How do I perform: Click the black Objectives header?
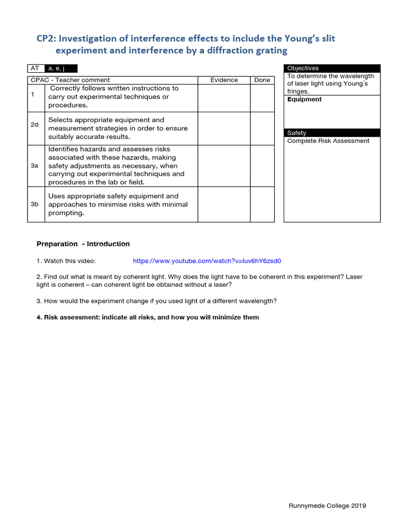point(332,68)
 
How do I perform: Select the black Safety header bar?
point(332,133)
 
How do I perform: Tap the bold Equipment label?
point(304,99)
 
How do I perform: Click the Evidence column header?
point(224,80)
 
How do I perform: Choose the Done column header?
point(262,80)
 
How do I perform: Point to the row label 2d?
point(35,125)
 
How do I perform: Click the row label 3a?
point(35,165)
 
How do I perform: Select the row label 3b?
point(35,204)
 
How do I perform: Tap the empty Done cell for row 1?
point(262,97)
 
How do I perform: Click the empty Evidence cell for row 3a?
point(224,165)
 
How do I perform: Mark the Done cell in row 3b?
point(262,204)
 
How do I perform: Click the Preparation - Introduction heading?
point(83,244)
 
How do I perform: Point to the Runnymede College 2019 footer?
point(327,506)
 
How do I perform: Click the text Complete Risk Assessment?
point(328,141)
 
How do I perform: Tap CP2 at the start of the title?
point(46,38)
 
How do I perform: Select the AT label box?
point(36,68)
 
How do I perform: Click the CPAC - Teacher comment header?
point(70,80)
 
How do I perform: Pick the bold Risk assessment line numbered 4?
point(148,317)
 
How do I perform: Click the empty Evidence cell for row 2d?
point(224,128)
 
